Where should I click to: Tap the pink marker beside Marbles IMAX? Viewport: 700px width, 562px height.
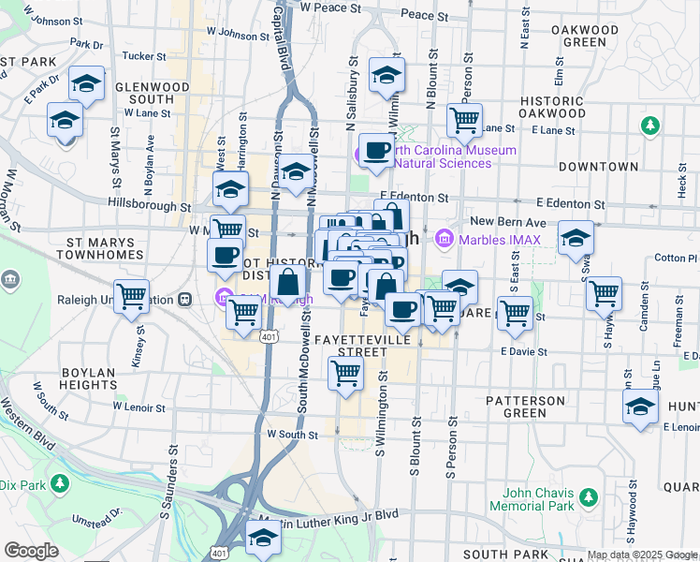[x=444, y=240]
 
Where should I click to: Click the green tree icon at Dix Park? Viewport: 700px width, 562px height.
[x=59, y=484]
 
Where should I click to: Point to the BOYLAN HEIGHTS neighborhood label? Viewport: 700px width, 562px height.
[x=88, y=379]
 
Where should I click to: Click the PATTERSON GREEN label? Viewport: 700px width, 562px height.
[x=526, y=407]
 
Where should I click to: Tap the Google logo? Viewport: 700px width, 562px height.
[x=31, y=551]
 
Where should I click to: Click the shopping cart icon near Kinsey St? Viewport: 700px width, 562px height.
[x=132, y=296]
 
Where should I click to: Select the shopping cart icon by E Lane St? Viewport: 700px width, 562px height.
[x=464, y=119]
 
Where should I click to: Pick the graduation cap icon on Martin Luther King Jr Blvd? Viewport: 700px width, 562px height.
[x=263, y=538]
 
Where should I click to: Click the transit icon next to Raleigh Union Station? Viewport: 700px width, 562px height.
[x=185, y=300]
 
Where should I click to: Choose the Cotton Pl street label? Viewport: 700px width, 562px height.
[x=671, y=258]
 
